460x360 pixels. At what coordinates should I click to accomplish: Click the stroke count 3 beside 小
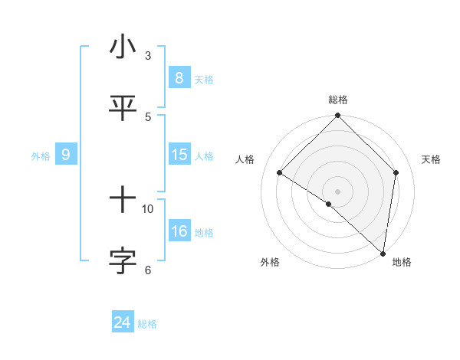(148, 56)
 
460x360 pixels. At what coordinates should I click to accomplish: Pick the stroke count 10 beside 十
(148, 208)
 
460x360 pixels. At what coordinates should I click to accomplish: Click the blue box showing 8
(179, 78)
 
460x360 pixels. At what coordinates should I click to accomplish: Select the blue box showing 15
(179, 155)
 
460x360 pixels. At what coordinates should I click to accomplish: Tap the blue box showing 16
(179, 231)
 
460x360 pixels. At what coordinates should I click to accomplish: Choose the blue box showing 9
(66, 155)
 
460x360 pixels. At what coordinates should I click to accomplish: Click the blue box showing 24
(122, 322)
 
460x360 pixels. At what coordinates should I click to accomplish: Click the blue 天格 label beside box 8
(204, 80)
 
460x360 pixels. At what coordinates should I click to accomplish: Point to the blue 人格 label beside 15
(204, 156)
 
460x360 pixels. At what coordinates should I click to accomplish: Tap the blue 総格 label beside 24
(147, 324)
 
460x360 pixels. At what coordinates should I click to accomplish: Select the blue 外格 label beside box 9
(41, 156)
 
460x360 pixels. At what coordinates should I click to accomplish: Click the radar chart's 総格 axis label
(337, 100)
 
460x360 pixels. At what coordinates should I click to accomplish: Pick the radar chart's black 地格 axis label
(402, 263)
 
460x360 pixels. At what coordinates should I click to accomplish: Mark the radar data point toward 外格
(329, 204)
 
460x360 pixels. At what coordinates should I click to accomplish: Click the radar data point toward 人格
(280, 173)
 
